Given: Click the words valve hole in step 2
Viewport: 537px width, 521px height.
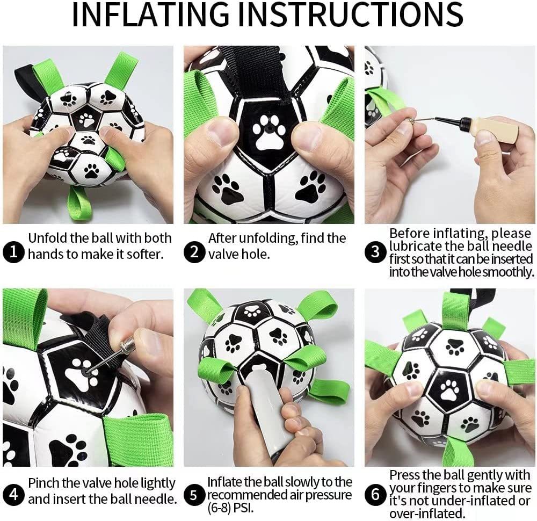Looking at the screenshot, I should click(238, 254).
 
